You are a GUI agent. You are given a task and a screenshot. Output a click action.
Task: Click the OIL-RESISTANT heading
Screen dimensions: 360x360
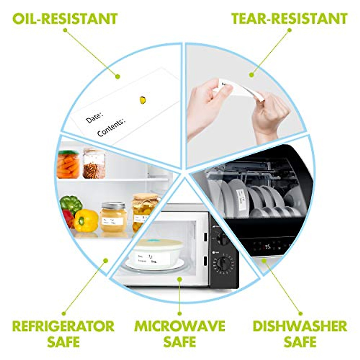(x=65, y=19)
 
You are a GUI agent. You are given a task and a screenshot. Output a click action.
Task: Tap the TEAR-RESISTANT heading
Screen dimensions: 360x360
(x=289, y=19)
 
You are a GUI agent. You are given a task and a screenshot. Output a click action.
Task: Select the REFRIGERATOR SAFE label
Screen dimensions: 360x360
(x=63, y=334)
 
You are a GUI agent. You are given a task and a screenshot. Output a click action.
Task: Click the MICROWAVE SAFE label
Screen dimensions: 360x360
(x=179, y=334)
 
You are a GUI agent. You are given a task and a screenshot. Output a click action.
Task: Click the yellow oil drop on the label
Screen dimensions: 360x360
(x=143, y=100)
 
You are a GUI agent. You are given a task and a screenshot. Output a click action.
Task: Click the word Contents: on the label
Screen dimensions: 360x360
(x=111, y=127)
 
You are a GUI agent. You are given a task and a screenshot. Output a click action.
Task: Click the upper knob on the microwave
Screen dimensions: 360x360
(x=222, y=239)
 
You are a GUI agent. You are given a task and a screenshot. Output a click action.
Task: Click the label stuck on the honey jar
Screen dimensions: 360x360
(x=112, y=222)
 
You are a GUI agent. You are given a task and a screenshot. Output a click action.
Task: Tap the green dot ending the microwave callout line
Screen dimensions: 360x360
(x=179, y=279)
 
